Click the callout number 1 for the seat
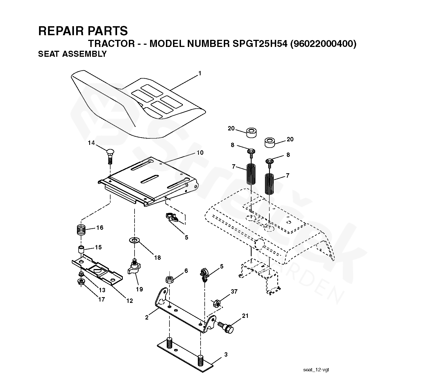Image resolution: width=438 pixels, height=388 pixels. [200, 73]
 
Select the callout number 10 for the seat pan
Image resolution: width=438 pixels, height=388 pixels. [200, 153]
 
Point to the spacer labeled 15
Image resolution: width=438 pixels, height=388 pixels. [81, 250]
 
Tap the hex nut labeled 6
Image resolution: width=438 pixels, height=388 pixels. [169, 280]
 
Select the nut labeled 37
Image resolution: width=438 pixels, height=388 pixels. [216, 303]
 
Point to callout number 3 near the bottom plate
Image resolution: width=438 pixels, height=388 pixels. [226, 355]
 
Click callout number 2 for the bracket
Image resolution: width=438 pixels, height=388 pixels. [147, 317]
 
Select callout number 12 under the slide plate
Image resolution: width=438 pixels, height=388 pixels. [129, 301]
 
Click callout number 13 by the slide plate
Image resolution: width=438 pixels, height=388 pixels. [102, 290]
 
